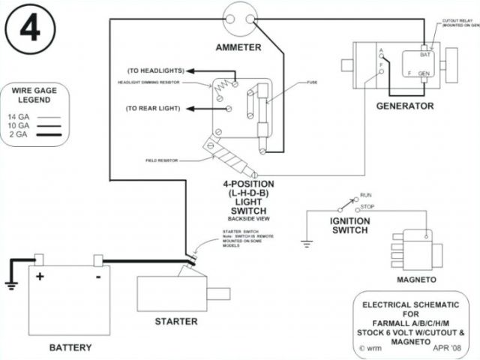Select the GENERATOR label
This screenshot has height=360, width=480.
click(405, 106)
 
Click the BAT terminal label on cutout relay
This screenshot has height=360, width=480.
click(424, 55)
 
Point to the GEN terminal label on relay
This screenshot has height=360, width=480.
click(424, 73)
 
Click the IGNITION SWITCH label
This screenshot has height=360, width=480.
click(349, 225)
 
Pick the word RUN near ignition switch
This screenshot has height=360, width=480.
click(367, 193)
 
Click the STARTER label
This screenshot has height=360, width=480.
click(176, 321)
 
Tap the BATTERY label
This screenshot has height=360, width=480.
click(70, 347)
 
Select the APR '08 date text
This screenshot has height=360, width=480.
click(448, 347)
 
